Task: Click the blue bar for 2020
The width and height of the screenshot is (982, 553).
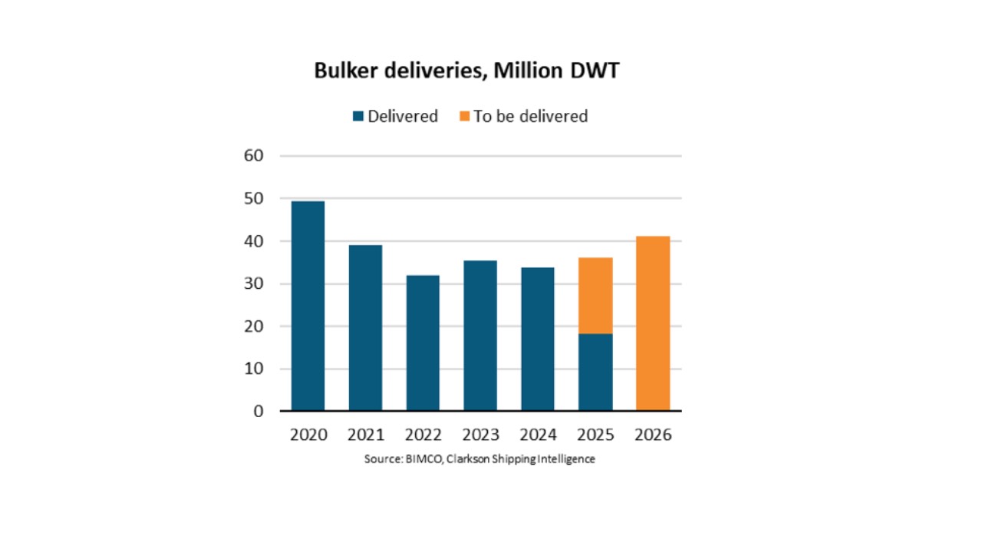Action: coord(308,306)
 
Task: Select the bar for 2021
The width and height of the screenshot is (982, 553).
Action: coord(365,328)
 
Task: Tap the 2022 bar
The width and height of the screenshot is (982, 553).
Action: coord(423,343)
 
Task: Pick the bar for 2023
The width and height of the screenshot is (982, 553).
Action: coord(480,336)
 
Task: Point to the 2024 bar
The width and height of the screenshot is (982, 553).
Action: coord(538,339)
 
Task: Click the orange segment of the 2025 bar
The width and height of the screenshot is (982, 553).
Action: coord(595,296)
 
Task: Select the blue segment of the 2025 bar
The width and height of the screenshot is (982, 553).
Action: coord(595,373)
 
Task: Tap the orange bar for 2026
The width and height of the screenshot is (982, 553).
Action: coord(653,323)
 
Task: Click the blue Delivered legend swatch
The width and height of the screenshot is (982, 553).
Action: coord(358,116)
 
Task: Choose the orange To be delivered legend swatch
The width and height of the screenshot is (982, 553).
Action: coord(464,116)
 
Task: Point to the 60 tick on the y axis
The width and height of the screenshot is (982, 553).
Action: coord(253,155)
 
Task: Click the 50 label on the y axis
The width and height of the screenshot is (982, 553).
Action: coord(253,198)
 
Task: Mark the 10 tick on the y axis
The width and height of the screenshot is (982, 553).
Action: coord(253,369)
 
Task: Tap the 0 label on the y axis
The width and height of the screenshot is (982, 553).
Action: coord(259,411)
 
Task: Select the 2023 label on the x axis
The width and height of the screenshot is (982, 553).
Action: coord(480,435)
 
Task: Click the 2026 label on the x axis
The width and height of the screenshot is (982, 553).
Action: coord(653,435)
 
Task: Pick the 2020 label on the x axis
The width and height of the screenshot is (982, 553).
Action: coord(308,435)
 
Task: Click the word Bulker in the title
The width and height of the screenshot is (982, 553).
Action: coord(345,70)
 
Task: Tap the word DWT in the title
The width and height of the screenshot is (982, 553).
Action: coord(595,70)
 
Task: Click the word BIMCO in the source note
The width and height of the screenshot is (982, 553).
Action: coord(424,459)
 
